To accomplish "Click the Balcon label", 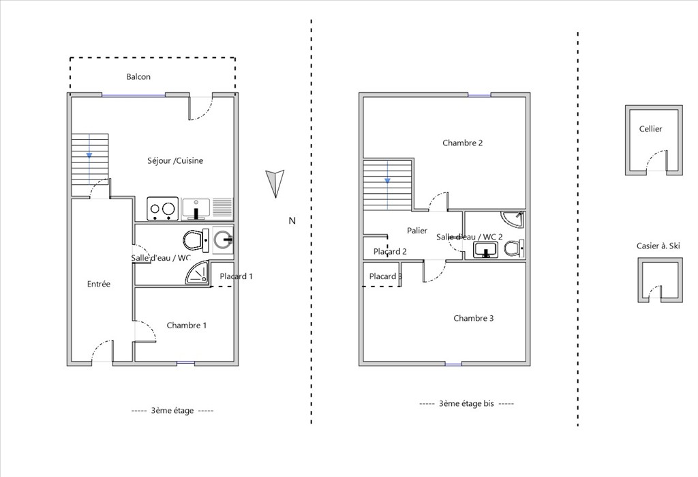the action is pos(138,76).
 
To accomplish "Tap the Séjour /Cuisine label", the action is pos(175,160).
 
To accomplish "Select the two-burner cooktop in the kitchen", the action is pos(162,209).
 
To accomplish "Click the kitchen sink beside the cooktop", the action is pos(196,209).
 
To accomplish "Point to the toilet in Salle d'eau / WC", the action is pos(196,240).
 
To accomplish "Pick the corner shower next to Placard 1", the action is pos(197,272).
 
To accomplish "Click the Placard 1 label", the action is pos(236,276).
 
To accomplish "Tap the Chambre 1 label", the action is pos(187,326).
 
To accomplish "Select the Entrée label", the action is pos(98,284).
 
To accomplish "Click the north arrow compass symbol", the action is pos(275,183).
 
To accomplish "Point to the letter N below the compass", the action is pos(292,220).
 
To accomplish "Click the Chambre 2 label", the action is pos(463,143).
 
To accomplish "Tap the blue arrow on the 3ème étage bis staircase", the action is pos(387,180).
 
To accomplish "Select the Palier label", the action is pos(417,231).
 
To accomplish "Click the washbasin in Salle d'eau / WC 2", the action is pos(485,250).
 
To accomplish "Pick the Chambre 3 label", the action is pos(474,318).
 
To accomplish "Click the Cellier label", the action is pos(650,129).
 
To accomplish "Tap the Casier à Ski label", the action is pos(658,246).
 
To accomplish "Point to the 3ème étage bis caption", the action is pos(466,403).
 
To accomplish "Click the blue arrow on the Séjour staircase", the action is pos(89,155).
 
